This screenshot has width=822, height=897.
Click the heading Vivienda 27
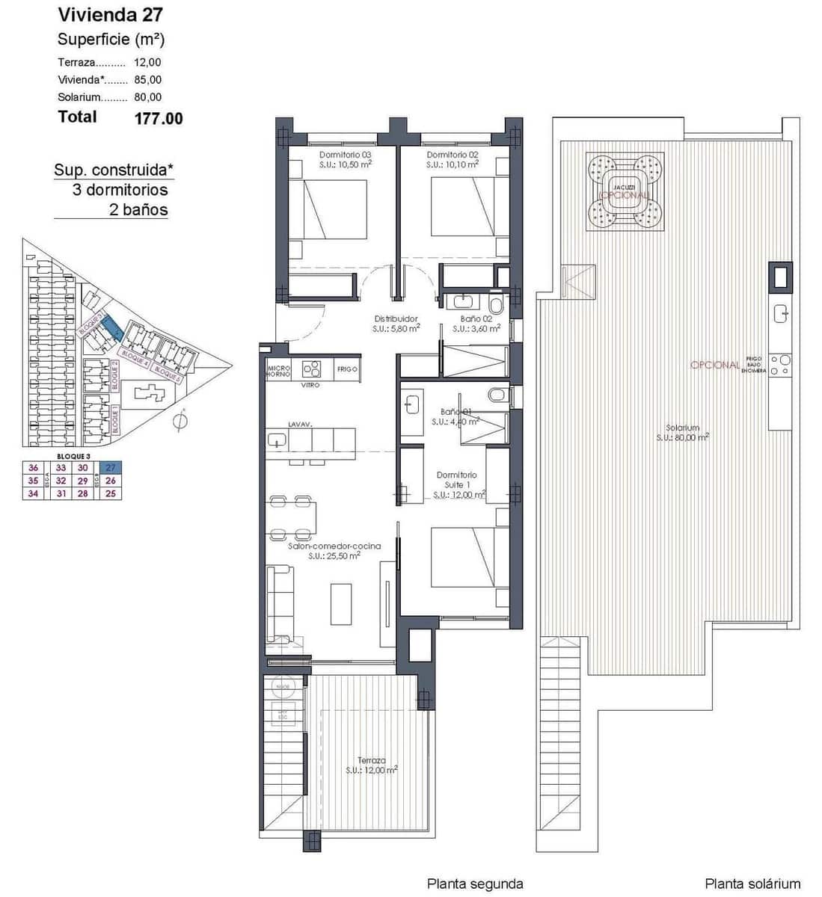110,14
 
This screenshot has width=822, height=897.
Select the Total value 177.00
158,118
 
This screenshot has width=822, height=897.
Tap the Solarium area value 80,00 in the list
147,97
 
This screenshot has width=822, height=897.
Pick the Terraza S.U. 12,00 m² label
371,765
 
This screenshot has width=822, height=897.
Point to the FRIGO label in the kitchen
346,369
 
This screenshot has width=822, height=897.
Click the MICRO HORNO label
278,370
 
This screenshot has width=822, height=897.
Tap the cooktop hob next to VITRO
312,369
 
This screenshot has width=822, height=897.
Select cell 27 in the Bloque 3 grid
111,468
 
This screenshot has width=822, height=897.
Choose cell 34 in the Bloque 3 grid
33,493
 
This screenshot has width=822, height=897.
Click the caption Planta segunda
474,884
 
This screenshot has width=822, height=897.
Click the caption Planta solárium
752,884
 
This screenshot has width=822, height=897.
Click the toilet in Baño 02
496,306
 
